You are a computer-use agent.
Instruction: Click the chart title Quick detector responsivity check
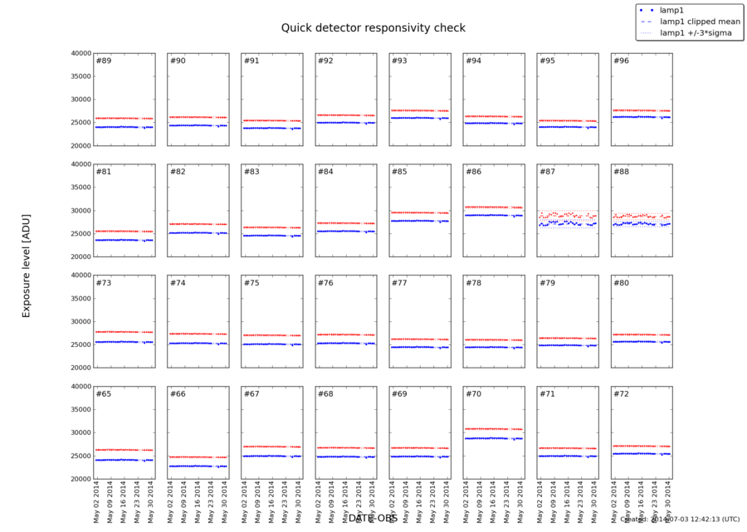click(373, 27)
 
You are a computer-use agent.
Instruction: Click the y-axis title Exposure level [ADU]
click(26, 264)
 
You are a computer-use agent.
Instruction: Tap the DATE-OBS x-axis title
click(373, 518)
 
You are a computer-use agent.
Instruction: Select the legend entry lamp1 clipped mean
click(695, 22)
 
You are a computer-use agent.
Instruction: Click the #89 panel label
click(104, 61)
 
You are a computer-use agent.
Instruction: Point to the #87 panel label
click(547, 173)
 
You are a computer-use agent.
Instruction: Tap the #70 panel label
click(473, 394)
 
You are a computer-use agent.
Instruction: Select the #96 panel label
click(621, 61)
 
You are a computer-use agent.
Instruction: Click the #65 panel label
click(104, 394)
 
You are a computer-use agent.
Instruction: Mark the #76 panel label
click(325, 284)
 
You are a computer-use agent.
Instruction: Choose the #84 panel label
click(325, 173)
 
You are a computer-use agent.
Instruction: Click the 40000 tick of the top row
click(80, 53)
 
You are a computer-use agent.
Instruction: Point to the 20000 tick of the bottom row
click(80, 479)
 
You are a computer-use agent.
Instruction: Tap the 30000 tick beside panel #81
click(80, 211)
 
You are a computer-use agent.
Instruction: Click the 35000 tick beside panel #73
click(80, 299)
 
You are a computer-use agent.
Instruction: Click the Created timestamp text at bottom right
click(681, 520)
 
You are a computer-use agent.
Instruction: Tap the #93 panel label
click(399, 61)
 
